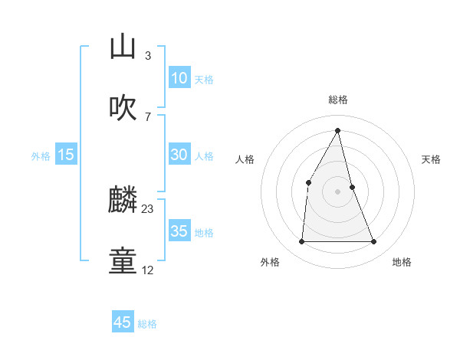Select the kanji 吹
[123, 108]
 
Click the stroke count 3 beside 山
[147, 55]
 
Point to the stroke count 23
[148, 209]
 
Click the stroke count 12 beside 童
[148, 270]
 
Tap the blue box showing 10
[179, 78]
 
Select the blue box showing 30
[179, 155]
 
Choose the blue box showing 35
[179, 231]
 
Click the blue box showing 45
[123, 322]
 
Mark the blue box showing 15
[66, 155]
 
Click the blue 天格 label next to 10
[204, 80]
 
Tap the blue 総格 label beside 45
[147, 324]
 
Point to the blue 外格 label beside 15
[41, 156]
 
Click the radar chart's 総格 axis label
[338, 100]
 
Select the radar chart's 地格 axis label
[402, 262]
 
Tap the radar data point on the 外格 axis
[301, 242]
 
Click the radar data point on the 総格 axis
[338, 130]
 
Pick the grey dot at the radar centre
[338, 191]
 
